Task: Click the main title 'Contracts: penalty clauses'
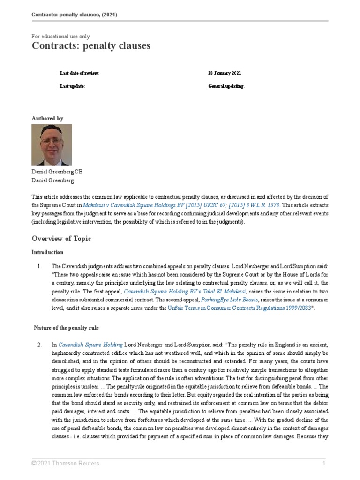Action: pyautogui.click(x=91, y=46)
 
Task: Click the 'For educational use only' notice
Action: pyautogui.click(x=60, y=36)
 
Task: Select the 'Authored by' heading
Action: pyautogui.click(x=47, y=119)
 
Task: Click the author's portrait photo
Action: pyautogui.click(x=52, y=145)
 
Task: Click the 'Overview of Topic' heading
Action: pyautogui.click(x=61, y=239)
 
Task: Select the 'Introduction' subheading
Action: pyautogui.click(x=47, y=252)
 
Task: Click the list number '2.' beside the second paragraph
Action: pyautogui.click(x=40, y=345)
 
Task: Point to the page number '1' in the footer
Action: pyautogui.click(x=323, y=464)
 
